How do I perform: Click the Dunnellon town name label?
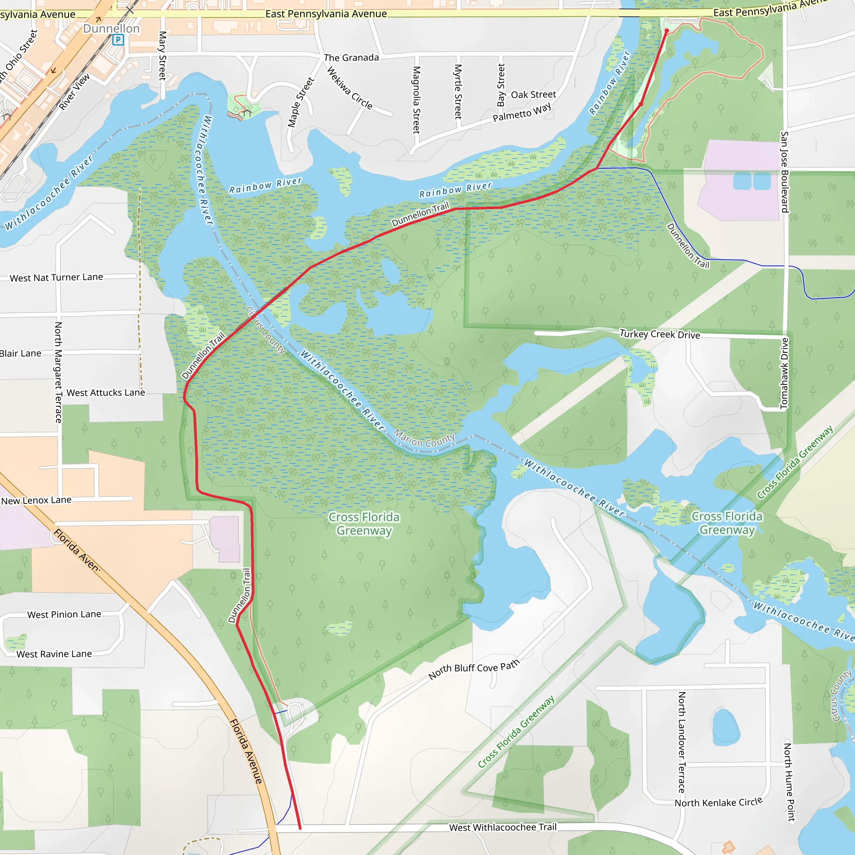pos(111,29)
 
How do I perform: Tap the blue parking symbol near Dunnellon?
pos(118,40)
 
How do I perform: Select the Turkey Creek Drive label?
pos(659,334)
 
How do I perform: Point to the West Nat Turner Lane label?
pos(56,278)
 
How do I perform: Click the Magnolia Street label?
pos(416,100)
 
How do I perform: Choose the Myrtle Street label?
pos(458,91)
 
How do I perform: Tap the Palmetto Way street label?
pos(522,112)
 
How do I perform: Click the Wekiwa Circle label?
pos(349,88)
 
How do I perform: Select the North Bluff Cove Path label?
pos(473,669)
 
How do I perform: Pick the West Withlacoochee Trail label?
pos(503,827)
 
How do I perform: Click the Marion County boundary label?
pos(424,440)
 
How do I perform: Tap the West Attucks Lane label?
pos(105,392)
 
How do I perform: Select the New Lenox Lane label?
pos(36,501)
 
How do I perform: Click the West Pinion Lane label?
pos(64,614)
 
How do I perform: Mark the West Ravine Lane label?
pos(54,654)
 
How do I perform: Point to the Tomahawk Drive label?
pos(784,373)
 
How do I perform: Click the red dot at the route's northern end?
pos(666,30)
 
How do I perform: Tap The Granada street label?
pos(352,58)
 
